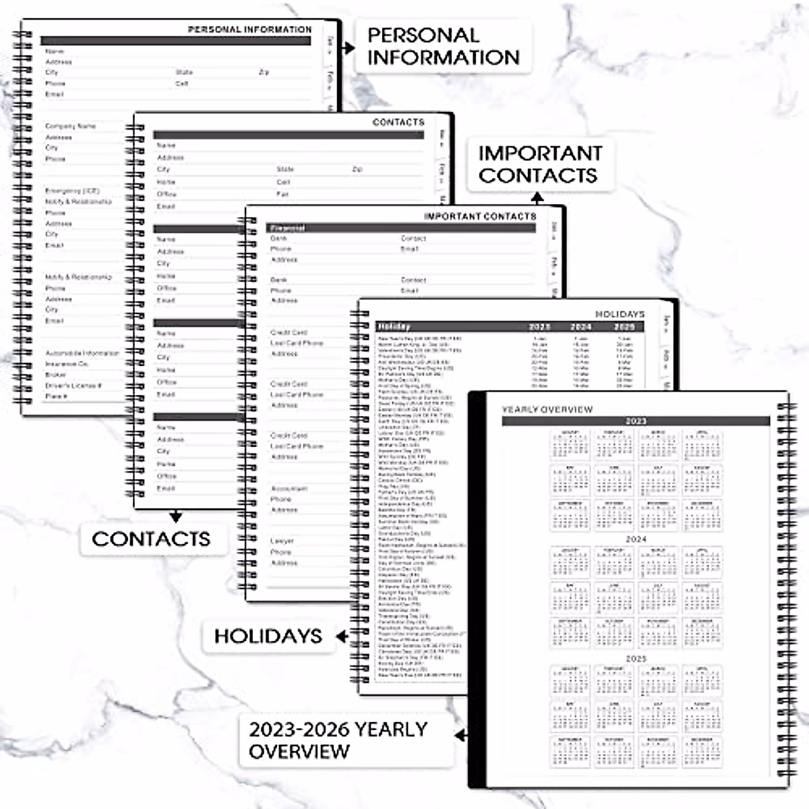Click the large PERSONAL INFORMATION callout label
coord(443,46)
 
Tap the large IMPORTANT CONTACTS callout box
coord(539,164)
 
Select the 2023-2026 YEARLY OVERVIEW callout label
coord(338,740)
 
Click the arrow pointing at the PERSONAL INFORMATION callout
coord(349,48)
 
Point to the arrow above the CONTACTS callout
coord(176,516)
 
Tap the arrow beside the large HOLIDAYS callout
coord(342,636)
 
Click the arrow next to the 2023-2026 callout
coord(461,735)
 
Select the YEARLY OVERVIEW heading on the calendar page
coord(547,409)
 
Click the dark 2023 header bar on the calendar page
coord(635,421)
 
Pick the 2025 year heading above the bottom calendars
coord(636,658)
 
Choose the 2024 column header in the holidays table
coord(581,326)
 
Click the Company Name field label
coord(70,126)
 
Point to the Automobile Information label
coord(82,353)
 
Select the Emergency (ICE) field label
coord(72,191)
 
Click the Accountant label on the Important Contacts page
coord(289,489)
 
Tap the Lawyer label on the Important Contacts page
coord(282,541)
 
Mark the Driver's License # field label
coord(73,386)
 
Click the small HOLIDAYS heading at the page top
coord(620,314)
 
